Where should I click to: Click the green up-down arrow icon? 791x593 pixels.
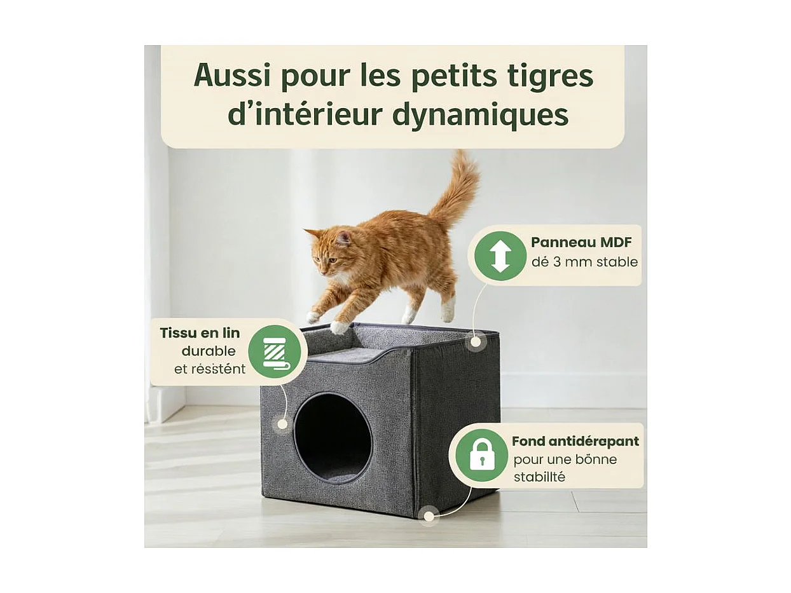(500, 256)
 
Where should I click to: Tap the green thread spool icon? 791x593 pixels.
(274, 351)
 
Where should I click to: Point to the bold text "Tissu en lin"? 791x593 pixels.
(200, 332)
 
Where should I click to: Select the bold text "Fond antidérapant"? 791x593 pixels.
(575, 441)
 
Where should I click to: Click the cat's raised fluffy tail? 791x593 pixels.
(458, 187)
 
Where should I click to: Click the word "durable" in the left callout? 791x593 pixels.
(209, 351)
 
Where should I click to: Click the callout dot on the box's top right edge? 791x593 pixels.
(474, 341)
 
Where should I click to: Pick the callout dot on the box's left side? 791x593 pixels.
(280, 424)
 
